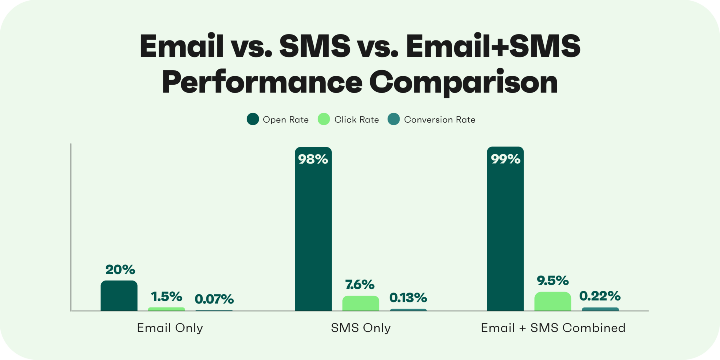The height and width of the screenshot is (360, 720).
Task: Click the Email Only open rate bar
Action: [119, 296]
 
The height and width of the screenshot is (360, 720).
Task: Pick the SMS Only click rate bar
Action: [361, 303]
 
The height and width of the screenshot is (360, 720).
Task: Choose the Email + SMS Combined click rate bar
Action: [553, 301]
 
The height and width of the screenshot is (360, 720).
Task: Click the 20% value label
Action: [120, 270]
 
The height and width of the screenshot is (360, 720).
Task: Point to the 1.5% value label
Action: [167, 296]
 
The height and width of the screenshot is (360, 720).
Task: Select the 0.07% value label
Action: [214, 299]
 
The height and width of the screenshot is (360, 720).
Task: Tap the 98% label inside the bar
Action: [313, 160]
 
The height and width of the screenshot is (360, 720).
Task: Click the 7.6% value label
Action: [359, 285]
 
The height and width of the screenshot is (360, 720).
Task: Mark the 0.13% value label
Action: [409, 298]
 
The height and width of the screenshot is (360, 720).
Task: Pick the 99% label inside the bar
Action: [505, 160]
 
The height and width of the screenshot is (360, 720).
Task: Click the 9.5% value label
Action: [552, 281]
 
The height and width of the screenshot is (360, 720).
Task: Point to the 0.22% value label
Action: [600, 296]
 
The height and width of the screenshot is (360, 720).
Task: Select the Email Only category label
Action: [170, 328]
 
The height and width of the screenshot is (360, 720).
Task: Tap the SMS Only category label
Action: [361, 328]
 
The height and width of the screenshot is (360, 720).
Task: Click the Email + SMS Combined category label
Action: [553, 328]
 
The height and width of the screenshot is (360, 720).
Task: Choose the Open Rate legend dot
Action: [253, 120]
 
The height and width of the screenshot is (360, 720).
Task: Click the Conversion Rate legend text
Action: [439, 120]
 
